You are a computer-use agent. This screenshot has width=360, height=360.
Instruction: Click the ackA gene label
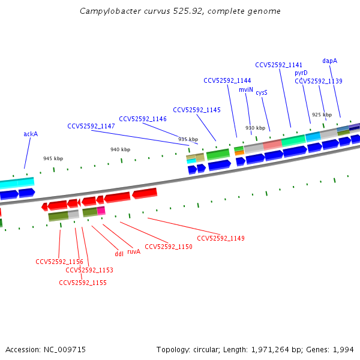tap(31, 134)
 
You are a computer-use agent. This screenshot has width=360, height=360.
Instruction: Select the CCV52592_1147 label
tap(91, 126)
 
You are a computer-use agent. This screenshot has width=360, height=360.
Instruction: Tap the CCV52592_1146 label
tap(143, 119)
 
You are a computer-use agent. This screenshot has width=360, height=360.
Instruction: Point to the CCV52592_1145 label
tap(197, 110)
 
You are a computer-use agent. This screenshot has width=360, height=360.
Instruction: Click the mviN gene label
tap(246, 89)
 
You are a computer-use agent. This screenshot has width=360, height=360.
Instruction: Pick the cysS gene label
tap(262, 92)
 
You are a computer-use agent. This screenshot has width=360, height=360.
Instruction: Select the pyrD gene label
tap(301, 73)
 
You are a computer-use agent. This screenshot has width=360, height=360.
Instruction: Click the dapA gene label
tap(329, 61)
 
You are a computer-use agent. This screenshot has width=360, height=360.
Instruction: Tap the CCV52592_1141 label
tap(279, 65)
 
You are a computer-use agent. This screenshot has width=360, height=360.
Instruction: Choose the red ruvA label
tap(134, 252)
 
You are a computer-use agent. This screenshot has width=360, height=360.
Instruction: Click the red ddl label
tap(119, 254)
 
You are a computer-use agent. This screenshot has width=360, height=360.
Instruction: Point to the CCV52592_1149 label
tap(221, 238)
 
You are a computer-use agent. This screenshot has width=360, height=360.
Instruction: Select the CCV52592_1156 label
tap(59, 262)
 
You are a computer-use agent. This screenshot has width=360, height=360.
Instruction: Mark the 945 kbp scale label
tap(53, 158)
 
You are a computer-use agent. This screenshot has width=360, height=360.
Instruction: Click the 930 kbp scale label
tap(255, 128)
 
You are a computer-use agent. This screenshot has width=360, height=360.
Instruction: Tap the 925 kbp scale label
tap(322, 115)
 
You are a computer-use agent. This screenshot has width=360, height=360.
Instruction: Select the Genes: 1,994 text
tap(334, 349)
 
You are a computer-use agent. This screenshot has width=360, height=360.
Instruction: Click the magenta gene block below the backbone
tap(101, 211)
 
